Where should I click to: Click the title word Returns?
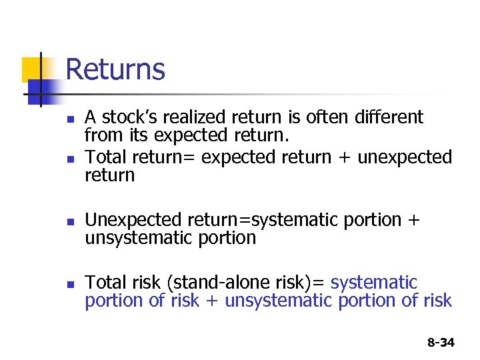[x=115, y=69]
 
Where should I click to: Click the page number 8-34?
[x=440, y=343]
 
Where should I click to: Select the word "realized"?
[x=199, y=117]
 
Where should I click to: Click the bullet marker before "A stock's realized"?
[x=61, y=120]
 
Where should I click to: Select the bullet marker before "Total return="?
[x=61, y=159]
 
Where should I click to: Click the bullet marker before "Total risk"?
[x=61, y=285]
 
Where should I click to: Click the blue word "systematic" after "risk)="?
[x=374, y=283]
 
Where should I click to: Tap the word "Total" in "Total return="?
[x=106, y=157]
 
